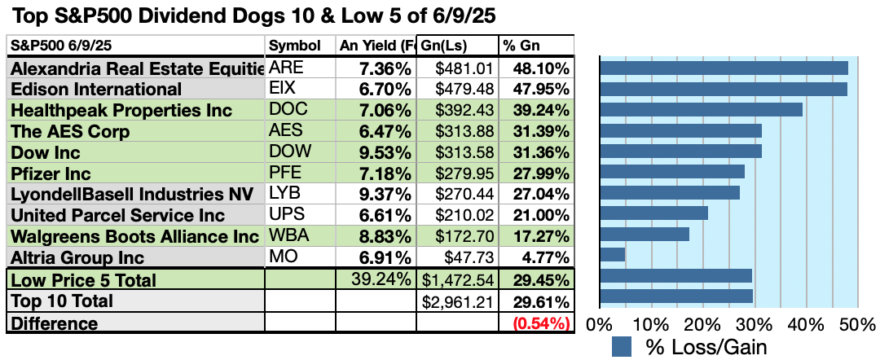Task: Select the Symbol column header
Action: [294, 46]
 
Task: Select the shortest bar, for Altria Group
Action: [612, 255]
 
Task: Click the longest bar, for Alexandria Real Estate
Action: [724, 68]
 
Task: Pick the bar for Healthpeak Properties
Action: [701, 110]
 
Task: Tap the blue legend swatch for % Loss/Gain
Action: [621, 347]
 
